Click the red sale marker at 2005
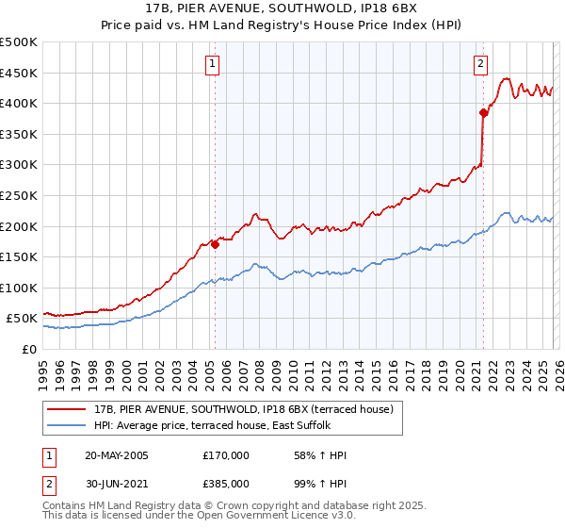(x=215, y=244)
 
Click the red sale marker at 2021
(x=483, y=112)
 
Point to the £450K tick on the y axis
(x=19, y=73)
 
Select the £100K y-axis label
(x=19, y=288)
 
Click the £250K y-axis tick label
(x=19, y=195)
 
